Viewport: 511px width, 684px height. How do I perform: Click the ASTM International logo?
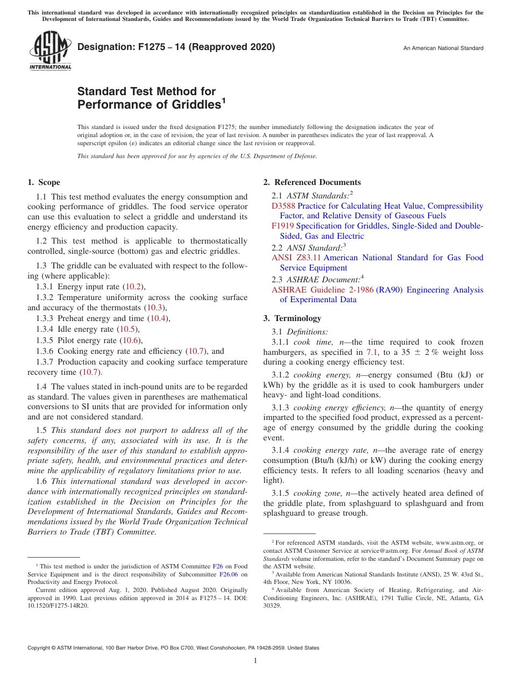click(x=50, y=51)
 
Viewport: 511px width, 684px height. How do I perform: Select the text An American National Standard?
click(x=443, y=48)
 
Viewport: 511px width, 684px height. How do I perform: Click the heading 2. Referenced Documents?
click(x=312, y=182)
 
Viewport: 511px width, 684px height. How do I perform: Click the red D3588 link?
click(x=283, y=206)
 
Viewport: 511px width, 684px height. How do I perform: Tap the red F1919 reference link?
click(x=283, y=226)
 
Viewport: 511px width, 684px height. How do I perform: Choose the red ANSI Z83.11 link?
click(x=297, y=258)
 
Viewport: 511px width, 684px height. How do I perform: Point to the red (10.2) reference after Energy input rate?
click(x=133, y=287)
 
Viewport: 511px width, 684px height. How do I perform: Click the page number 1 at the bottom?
click(x=256, y=660)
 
